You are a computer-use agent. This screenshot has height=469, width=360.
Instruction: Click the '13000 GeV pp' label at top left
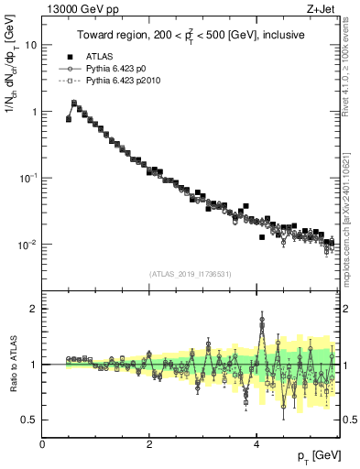pyautogui.click(x=73, y=9)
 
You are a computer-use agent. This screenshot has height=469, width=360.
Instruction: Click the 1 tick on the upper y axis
pyautogui.click(x=34, y=112)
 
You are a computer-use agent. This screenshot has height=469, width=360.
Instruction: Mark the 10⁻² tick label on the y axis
pyautogui.click(x=27, y=245)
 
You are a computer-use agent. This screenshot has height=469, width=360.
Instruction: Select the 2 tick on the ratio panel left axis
pyautogui.click(x=34, y=309)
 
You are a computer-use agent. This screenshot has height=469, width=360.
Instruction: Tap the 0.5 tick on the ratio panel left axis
pyautogui.click(x=29, y=420)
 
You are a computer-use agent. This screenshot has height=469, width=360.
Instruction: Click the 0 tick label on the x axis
pyautogui.click(x=43, y=443)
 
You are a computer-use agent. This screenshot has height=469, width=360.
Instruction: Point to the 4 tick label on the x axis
pyautogui.click(x=256, y=443)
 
